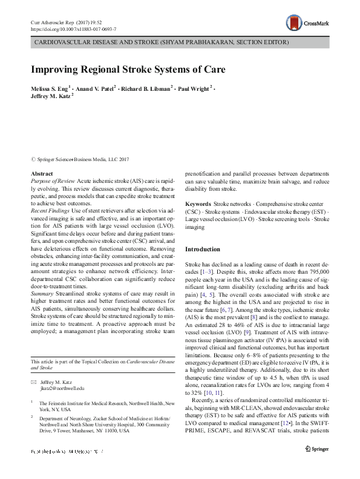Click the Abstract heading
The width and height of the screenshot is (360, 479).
pos(41,174)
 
